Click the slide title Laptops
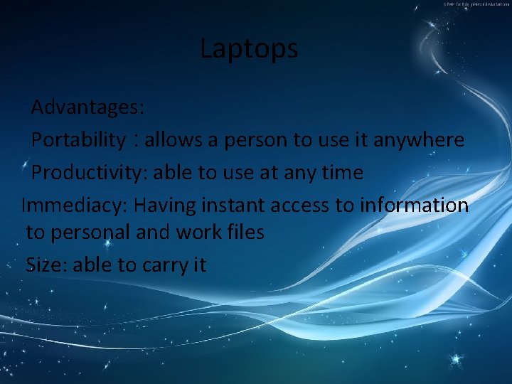pyautogui.click(x=248, y=49)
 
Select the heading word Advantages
pyautogui.click(x=87, y=107)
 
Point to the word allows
pyautogui.click(x=174, y=139)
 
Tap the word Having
pyautogui.click(x=164, y=206)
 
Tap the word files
pyautogui.click(x=247, y=232)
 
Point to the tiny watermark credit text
pyautogui.click(x=476, y=4)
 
